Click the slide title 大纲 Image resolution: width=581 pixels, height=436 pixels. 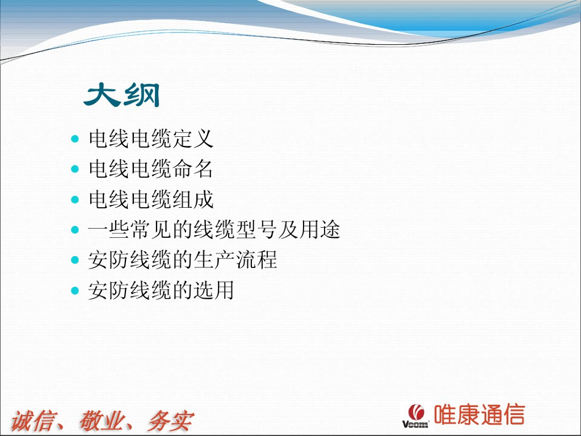122,95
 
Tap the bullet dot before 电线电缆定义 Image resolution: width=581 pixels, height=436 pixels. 75,139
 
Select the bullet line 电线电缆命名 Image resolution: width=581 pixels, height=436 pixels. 151,169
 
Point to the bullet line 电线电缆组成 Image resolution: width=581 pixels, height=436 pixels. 151,199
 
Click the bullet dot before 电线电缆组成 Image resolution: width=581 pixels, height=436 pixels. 75,199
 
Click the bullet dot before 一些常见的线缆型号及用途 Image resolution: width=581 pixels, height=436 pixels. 75,230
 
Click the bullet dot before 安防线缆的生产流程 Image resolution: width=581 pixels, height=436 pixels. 75,260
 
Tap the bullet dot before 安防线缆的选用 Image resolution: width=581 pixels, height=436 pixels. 75,290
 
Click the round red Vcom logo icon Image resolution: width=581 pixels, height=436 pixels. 416,412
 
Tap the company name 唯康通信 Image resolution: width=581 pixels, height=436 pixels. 479,414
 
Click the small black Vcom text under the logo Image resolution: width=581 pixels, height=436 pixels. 415,424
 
